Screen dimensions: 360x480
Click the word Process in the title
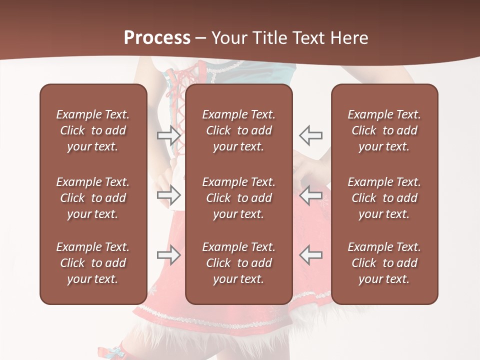coord(157,38)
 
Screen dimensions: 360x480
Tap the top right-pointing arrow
coord(169,135)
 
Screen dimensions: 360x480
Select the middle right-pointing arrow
coord(169,195)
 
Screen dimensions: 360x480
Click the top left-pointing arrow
coord(311,135)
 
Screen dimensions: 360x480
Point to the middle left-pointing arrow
coord(311,195)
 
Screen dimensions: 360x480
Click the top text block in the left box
coord(93,130)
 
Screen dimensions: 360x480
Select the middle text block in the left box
coord(93,198)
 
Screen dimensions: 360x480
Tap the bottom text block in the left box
coord(93,263)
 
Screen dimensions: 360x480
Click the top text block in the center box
coord(238,130)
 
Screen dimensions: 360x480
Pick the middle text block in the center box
coord(238,198)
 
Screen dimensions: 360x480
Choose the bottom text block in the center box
coord(238,263)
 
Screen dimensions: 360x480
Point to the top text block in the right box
coord(384,130)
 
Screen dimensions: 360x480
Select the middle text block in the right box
coord(384,198)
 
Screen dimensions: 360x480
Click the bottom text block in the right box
coord(384,263)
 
